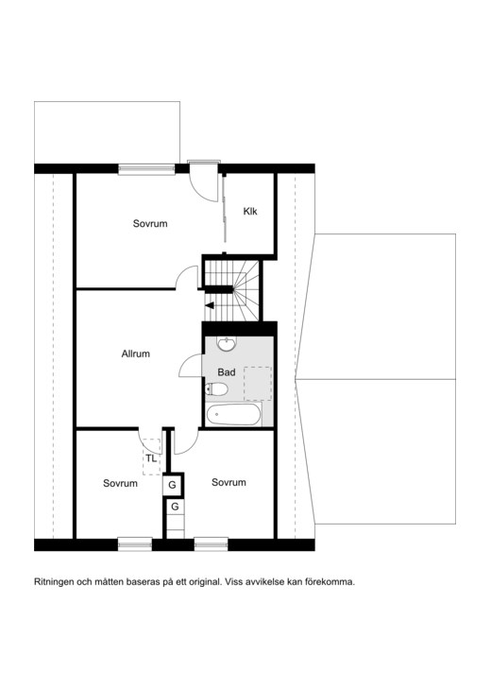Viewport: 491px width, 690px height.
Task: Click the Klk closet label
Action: [250, 211]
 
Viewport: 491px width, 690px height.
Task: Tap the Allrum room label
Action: [136, 354]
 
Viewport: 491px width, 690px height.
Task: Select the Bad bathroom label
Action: [227, 372]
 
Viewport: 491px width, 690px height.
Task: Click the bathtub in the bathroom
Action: [233, 415]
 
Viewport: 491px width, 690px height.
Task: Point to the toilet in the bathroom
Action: [216, 389]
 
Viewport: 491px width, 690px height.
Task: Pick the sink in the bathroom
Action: [227, 344]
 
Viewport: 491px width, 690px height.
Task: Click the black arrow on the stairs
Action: [210, 305]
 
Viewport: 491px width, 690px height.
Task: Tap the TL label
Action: [151, 458]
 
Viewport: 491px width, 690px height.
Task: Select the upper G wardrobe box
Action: [173, 485]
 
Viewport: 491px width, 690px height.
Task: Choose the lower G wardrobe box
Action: [175, 507]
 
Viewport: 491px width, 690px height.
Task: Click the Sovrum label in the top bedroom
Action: [150, 224]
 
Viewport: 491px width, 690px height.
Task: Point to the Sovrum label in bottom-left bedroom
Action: [121, 483]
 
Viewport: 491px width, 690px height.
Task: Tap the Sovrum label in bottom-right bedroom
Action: [229, 482]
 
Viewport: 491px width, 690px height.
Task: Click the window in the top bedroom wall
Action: [146, 169]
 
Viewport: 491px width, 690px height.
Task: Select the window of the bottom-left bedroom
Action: [135, 544]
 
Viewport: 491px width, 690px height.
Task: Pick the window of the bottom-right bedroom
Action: [211, 544]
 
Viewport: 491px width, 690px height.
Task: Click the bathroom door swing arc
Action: [185, 361]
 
